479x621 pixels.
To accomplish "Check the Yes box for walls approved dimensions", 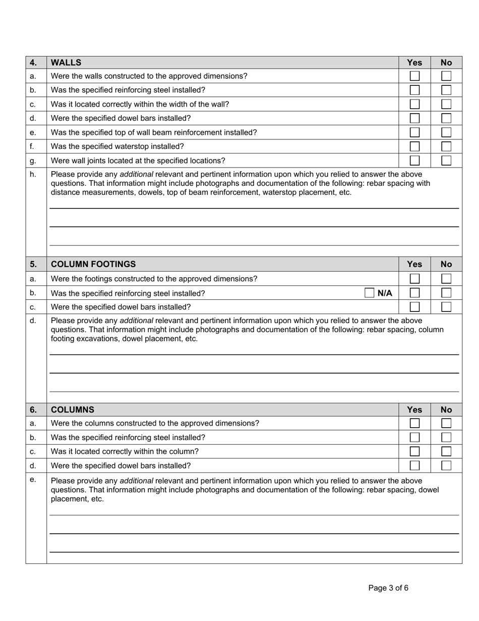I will pyautogui.click(x=414, y=76).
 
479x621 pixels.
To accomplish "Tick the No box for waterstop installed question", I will pyautogui.click(x=446, y=147).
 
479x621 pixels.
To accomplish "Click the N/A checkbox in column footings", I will pyautogui.click(x=369, y=293).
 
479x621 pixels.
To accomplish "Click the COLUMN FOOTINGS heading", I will pyautogui.click(x=93, y=264).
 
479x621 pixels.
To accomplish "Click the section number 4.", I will pyautogui.click(x=33, y=63).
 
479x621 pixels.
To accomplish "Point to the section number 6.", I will pyautogui.click(x=33, y=409).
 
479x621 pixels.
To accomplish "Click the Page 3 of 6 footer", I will pyautogui.click(x=388, y=588).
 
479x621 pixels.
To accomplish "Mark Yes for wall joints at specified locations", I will pyautogui.click(x=414, y=161).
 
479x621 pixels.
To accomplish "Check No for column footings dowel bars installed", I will pyautogui.click(x=446, y=307).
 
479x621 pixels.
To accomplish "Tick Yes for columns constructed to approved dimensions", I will pyautogui.click(x=414, y=423).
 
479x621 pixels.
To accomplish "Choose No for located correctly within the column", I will pyautogui.click(x=446, y=451).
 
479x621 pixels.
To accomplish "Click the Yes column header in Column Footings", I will pyautogui.click(x=414, y=264).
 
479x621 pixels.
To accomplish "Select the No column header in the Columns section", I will pyautogui.click(x=446, y=409).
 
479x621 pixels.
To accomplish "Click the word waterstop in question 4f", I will pyautogui.click(x=136, y=146).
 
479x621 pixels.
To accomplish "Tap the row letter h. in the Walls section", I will pyautogui.click(x=33, y=174).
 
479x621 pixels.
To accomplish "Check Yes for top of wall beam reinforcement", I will pyautogui.click(x=414, y=133).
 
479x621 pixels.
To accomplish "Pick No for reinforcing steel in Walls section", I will pyautogui.click(x=446, y=90).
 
